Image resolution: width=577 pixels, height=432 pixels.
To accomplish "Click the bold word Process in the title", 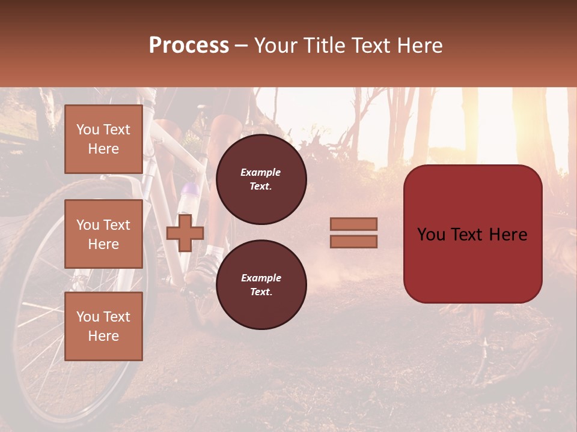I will click(189, 46).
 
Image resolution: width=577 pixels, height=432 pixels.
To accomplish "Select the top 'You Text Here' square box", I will click(103, 139).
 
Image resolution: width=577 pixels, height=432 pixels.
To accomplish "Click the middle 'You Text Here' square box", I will click(103, 234).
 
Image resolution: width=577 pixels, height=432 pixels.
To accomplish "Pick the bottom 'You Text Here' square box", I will click(103, 326).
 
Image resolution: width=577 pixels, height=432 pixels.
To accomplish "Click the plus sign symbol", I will click(185, 233).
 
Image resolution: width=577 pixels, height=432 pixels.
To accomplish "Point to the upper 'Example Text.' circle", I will click(261, 179).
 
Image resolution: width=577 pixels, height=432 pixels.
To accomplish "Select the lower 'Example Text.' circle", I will click(261, 284).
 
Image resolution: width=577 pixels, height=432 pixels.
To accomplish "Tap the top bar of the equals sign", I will click(353, 224).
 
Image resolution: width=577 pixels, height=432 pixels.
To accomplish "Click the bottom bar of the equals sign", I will click(353, 241).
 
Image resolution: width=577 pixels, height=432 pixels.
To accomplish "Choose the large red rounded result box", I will click(472, 233).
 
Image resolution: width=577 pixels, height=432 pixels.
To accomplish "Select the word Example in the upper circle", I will click(261, 172).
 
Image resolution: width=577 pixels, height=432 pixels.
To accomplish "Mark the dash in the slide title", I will click(241, 46).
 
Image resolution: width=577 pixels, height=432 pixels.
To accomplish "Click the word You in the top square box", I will click(87, 130).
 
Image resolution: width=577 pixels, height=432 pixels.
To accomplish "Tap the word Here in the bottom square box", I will click(103, 336).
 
